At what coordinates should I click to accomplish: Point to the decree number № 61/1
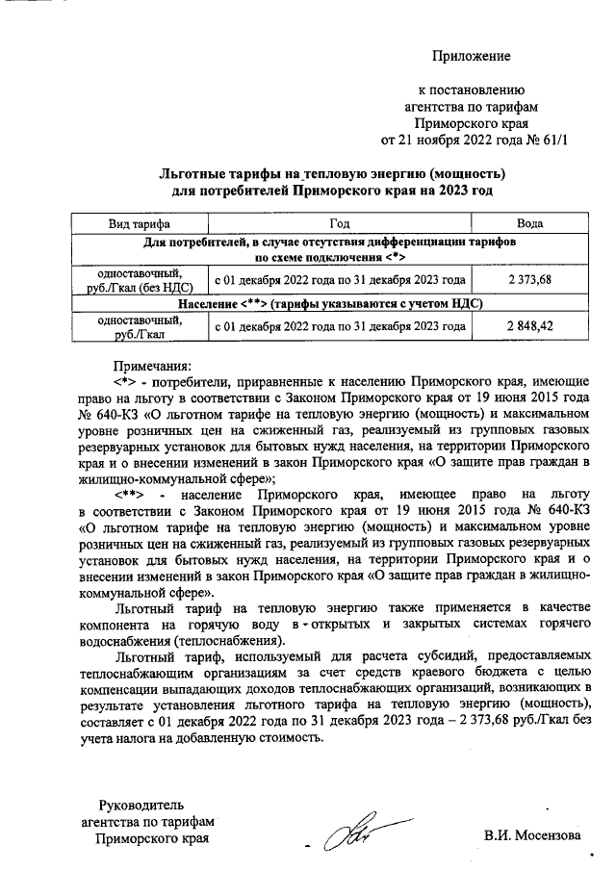point(547,141)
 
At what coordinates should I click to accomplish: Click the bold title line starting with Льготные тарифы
point(331,173)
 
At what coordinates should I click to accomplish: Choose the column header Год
point(339,223)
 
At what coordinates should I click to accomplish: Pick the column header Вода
point(528,223)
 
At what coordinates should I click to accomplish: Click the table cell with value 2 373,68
point(528,279)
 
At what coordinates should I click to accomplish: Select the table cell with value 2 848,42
point(528,327)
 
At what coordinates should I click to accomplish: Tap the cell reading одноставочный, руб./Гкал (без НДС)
point(141,279)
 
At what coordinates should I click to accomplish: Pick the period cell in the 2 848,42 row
point(339,327)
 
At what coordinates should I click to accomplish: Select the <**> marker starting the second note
point(129,493)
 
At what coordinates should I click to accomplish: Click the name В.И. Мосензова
point(532,835)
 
